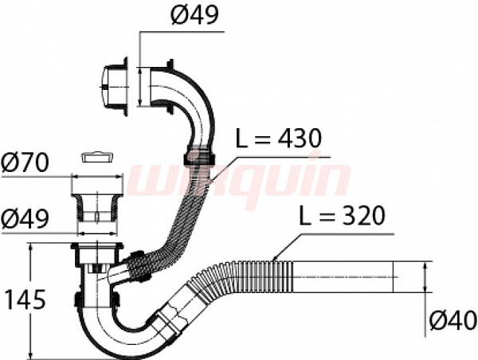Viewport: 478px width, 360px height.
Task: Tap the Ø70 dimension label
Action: click(x=25, y=162)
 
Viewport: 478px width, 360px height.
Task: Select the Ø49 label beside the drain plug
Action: click(x=25, y=219)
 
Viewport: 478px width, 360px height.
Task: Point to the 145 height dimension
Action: click(x=26, y=299)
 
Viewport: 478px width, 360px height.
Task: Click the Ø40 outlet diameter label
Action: click(x=453, y=320)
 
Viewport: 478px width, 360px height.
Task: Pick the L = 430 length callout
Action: click(x=279, y=139)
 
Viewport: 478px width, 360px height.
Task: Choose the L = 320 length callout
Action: click(x=342, y=216)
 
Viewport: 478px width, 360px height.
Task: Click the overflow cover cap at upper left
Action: click(x=114, y=87)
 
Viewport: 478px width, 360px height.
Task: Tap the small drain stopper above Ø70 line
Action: click(x=97, y=157)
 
